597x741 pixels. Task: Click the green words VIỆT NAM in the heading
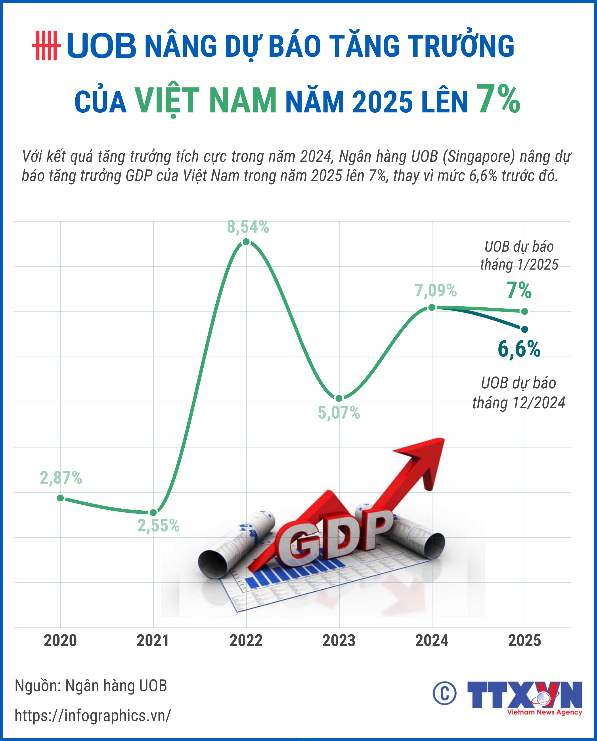205,101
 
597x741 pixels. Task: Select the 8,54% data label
248,227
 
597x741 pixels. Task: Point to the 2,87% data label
61,478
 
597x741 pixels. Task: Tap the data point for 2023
339,398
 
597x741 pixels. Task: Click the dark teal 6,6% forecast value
519,349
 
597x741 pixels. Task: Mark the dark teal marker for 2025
524,329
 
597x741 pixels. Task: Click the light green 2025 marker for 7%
524,311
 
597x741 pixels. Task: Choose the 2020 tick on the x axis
61,641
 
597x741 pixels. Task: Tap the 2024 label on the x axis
432,641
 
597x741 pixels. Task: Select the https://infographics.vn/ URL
93,716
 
